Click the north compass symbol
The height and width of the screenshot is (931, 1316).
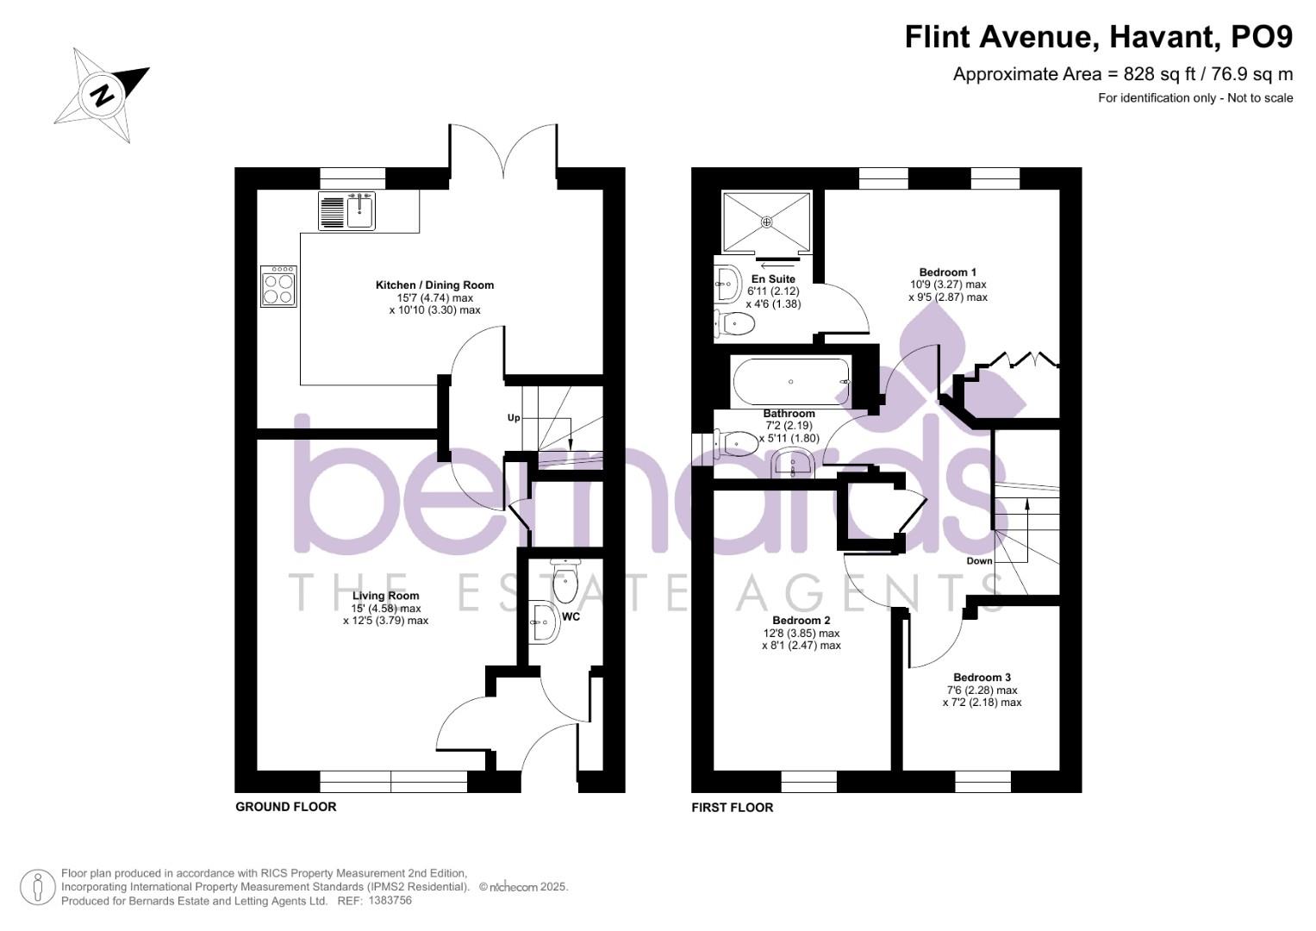(x=103, y=94)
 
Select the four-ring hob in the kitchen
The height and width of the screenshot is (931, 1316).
(x=279, y=286)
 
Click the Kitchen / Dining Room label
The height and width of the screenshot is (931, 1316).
(x=434, y=285)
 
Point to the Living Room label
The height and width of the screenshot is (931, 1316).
(x=385, y=596)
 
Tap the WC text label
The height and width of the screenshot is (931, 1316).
(x=571, y=617)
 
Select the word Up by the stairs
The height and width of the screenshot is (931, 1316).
(x=514, y=418)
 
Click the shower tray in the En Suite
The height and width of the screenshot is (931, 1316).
(x=767, y=222)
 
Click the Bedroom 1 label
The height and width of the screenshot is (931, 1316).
(x=948, y=272)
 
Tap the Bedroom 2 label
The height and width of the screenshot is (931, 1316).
(x=801, y=621)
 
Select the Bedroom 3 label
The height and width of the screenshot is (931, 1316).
(x=982, y=678)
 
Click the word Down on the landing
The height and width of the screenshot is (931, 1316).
(x=979, y=561)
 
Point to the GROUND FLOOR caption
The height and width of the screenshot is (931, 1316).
(x=286, y=807)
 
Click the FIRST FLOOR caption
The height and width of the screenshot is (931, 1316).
(x=733, y=808)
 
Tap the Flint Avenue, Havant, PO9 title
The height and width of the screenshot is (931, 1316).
(x=1099, y=37)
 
